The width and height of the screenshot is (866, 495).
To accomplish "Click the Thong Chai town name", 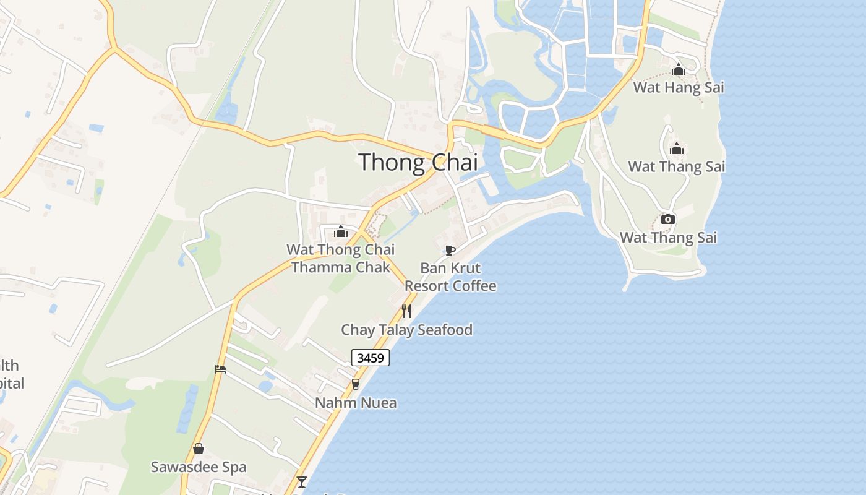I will tap(418, 162).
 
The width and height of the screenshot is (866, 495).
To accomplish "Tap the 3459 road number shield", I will tap(371, 358).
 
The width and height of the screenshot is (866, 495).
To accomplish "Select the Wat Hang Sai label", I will tap(678, 87).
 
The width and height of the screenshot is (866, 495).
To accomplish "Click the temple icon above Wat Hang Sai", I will tap(679, 69).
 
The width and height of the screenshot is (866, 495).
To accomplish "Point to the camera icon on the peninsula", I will tap(668, 220).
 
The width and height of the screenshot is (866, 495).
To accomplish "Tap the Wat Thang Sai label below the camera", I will tap(668, 238).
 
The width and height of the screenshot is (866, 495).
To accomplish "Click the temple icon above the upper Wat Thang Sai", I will tap(677, 148).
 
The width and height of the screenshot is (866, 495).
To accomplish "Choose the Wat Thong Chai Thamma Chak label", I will tap(340, 259).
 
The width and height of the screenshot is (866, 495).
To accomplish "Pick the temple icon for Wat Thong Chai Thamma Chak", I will tap(340, 232).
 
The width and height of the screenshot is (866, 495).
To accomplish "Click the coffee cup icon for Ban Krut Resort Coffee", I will tap(450, 250).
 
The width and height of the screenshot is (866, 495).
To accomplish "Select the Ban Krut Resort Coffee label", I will tap(450, 277).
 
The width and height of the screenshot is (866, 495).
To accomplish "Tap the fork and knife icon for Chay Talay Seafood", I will tap(406, 311).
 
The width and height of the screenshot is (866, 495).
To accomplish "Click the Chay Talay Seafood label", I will tap(406, 330).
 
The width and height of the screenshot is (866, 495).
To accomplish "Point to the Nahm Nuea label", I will tap(356, 403).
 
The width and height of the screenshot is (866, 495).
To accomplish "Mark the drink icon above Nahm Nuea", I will tap(355, 384).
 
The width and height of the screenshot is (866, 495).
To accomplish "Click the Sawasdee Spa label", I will tap(199, 467).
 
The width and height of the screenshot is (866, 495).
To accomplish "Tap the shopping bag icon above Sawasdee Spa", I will tap(199, 449).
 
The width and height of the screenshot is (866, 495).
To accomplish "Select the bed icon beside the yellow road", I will tap(220, 369).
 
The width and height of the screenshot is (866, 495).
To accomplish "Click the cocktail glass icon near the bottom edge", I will tap(302, 481).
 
